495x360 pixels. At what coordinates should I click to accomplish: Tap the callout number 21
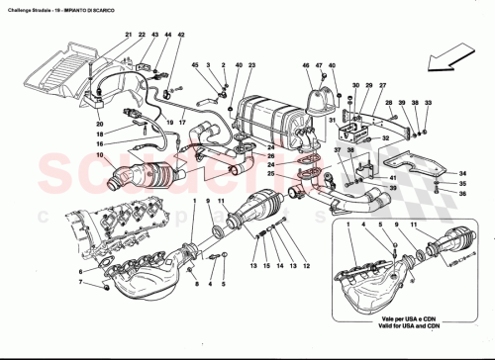point(128,36)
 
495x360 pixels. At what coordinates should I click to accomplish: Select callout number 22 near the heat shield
point(142,36)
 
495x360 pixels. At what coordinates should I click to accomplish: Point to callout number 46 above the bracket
point(306,66)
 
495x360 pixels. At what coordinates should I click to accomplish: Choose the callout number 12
point(305,267)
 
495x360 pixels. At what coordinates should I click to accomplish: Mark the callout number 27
point(367,86)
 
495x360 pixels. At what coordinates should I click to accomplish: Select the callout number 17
point(184,124)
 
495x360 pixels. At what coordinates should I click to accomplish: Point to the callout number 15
point(266,267)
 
